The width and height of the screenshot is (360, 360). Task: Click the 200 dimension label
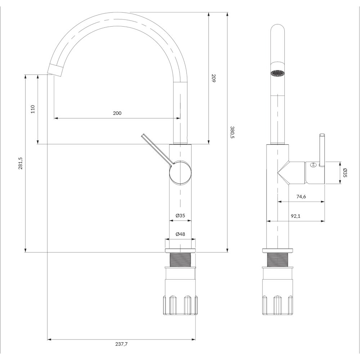[117, 113]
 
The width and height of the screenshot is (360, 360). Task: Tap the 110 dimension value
[33, 109]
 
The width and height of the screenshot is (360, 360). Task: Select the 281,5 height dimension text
[21, 163]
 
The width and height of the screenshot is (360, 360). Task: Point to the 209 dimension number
[213, 78]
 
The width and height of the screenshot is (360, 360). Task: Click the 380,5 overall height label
[232, 132]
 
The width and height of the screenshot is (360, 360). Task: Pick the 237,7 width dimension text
[121, 344]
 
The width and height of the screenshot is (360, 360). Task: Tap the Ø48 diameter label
[180, 234]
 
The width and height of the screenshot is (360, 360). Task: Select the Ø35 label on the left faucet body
[180, 215]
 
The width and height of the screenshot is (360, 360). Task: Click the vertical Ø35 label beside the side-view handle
[345, 173]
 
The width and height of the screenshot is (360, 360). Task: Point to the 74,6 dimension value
[301, 197]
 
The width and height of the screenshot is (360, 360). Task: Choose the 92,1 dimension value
[296, 216]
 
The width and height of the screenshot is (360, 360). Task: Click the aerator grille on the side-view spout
[278, 73]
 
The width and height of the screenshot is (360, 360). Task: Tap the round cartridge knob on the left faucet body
[180, 173]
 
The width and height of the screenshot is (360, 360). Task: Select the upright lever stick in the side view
[322, 150]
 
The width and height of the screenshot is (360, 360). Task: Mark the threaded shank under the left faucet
[180, 260]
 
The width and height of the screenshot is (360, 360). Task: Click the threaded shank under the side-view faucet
[278, 260]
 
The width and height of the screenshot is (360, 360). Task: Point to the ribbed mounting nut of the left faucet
[180, 305]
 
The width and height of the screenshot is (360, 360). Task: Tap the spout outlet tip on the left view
[55, 70]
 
